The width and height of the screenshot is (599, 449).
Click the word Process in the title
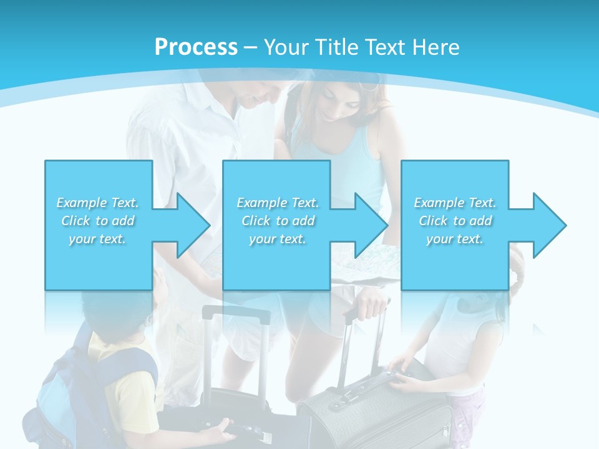tap(196, 47)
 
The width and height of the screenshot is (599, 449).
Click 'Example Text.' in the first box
tap(97, 203)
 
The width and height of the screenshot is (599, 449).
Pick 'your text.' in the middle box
tap(277, 239)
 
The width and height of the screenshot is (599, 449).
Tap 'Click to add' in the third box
tap(455, 221)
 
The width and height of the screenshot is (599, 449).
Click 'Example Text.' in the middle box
tap(277, 203)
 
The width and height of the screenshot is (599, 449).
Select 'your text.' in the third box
tap(455, 239)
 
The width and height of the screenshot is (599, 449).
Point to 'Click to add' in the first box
tap(97, 221)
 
